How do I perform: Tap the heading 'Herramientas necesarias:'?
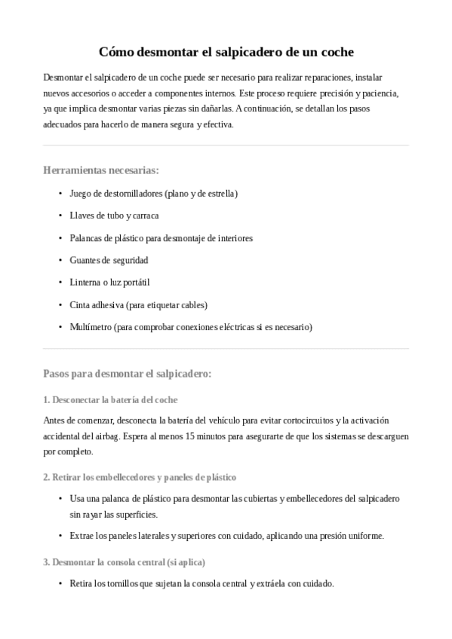point(101,170)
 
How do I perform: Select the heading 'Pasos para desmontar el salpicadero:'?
point(128,373)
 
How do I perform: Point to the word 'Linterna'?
point(85,283)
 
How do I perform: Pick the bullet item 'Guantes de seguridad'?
point(109,260)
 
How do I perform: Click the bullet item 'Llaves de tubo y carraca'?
point(114,216)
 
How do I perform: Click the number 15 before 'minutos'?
point(190,436)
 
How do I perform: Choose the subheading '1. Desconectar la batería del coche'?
point(110,399)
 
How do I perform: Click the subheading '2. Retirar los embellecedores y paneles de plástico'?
point(140,477)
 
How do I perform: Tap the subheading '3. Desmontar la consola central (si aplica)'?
point(124,562)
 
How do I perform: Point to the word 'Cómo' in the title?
point(115,53)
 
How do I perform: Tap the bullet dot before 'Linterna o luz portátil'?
point(60,283)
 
